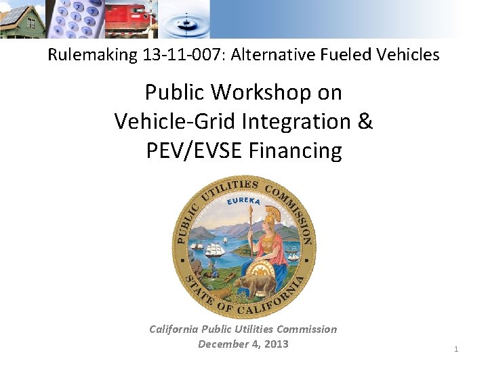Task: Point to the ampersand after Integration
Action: (364, 121)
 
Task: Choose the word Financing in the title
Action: (296, 150)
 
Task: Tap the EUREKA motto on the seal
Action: (243, 201)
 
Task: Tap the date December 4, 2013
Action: (243, 344)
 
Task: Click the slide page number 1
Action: (456, 349)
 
